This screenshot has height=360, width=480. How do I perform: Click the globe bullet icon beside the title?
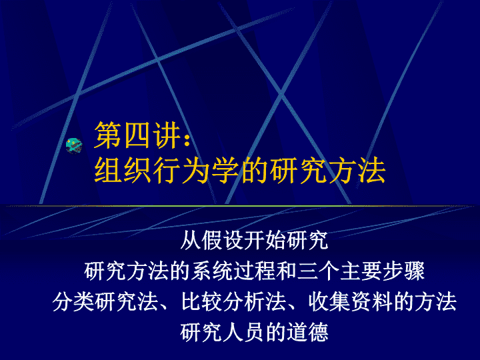[75, 145]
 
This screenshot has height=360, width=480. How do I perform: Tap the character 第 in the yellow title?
[108, 135]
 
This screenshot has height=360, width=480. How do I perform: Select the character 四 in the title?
[138, 135]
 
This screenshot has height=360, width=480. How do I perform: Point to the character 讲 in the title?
[167, 135]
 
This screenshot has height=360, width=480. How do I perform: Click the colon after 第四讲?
[187, 139]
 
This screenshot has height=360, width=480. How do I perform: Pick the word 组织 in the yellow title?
[123, 170]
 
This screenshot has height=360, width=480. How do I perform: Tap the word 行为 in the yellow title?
[181, 170]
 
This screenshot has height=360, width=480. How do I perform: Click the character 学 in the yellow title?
[225, 170]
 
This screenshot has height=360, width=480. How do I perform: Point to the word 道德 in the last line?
[307, 333]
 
